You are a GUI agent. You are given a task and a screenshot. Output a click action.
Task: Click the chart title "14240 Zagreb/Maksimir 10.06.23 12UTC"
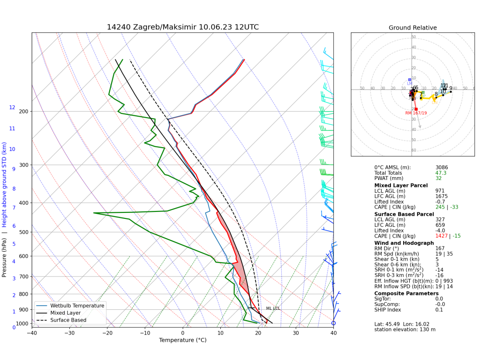click(183, 27)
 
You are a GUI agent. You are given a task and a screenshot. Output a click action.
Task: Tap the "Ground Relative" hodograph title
click(412, 28)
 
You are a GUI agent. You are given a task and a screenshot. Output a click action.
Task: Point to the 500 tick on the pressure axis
click(23, 232)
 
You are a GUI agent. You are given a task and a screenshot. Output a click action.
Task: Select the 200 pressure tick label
click(23, 112)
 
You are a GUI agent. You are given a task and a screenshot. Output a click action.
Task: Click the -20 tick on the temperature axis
click(107, 333)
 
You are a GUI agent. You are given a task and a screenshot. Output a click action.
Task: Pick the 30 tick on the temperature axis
click(296, 333)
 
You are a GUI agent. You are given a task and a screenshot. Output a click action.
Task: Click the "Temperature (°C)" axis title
click(183, 340)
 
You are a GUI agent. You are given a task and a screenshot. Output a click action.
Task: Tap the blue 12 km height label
click(12, 108)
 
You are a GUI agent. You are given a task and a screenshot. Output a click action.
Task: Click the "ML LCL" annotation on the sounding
click(273, 308)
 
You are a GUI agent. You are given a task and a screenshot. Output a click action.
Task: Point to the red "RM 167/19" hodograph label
click(416, 113)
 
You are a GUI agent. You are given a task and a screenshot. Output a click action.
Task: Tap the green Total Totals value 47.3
click(441, 173)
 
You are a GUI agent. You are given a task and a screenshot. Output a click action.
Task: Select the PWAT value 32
click(438, 179)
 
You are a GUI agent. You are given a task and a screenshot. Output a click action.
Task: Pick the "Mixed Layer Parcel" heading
click(401, 186)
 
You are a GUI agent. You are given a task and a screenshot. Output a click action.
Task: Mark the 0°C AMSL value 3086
click(442, 167)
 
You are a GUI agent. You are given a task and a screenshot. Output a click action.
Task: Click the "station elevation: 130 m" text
click(405, 330)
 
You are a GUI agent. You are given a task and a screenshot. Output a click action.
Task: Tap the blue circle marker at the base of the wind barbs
click(334, 323)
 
